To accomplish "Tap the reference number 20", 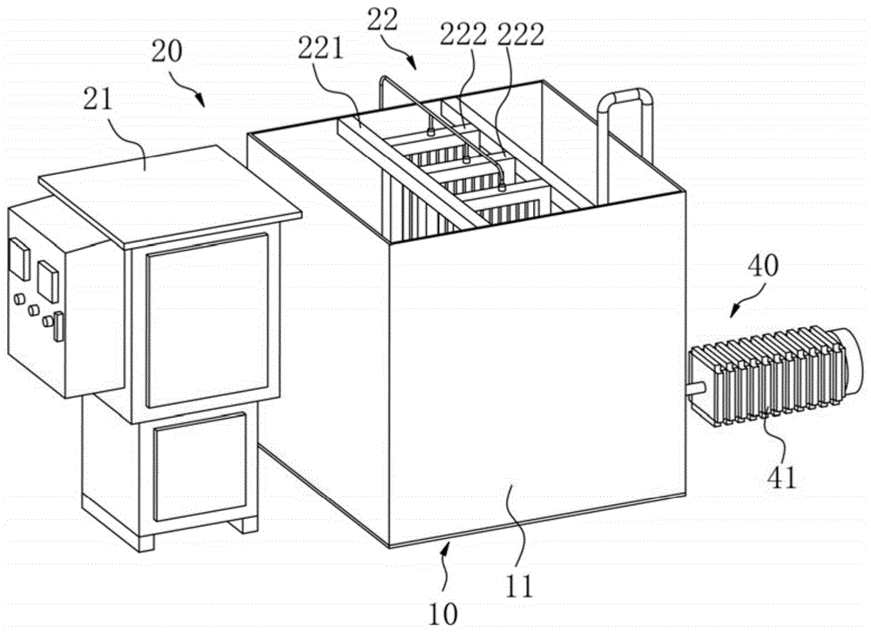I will coord(165,51).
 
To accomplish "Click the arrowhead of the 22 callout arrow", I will coord(415,66).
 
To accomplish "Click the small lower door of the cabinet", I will coord(199,470).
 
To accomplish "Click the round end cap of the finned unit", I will coord(851,361).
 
